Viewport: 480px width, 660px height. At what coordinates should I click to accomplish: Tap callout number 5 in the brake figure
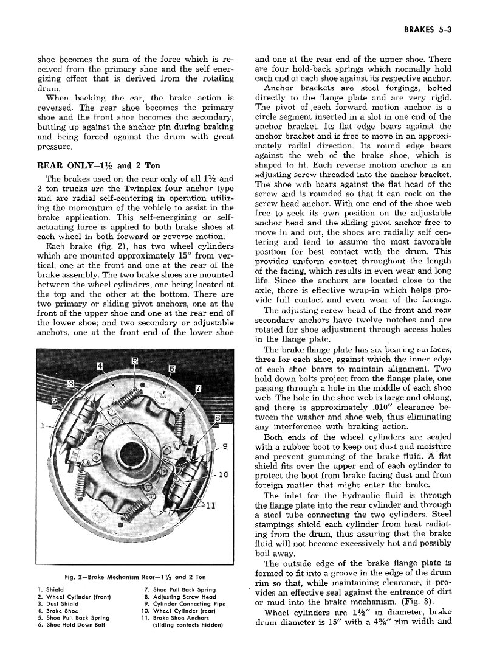point(134,361)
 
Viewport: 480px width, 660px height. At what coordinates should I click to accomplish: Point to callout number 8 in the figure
point(218,418)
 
